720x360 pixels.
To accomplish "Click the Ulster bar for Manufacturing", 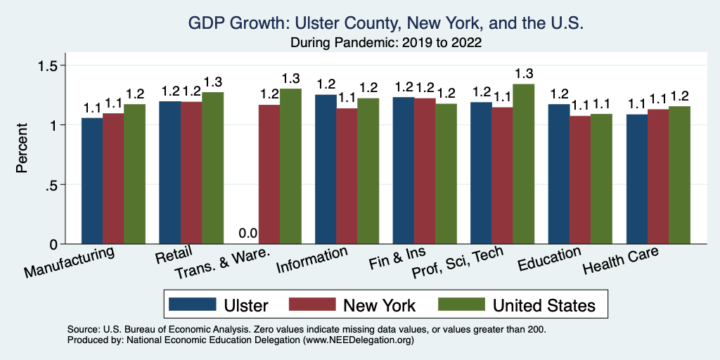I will (x=92, y=181).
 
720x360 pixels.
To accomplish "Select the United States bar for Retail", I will (x=213, y=168).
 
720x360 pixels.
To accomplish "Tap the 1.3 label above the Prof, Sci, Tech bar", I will (x=524, y=74).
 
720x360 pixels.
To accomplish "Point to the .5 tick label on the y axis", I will (x=53, y=185).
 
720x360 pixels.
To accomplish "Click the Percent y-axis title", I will (x=22, y=149).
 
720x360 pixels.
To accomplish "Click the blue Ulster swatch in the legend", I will (x=192, y=304).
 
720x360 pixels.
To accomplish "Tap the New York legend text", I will (x=379, y=305).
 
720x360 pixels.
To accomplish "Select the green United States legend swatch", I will (x=461, y=304).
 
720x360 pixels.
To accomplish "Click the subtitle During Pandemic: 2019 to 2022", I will (x=386, y=43).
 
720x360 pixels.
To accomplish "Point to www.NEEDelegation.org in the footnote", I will (x=356, y=340).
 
